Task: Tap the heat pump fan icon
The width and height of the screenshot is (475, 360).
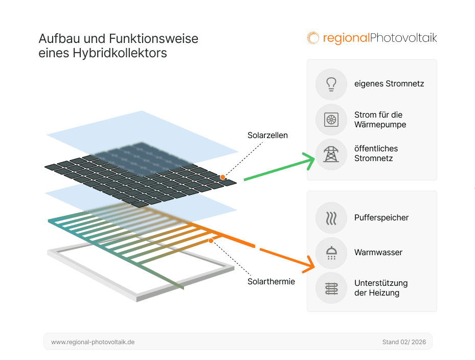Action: click(x=331, y=120)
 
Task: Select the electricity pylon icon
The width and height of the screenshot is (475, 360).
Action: click(x=331, y=154)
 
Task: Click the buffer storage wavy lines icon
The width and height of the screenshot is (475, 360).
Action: click(x=331, y=218)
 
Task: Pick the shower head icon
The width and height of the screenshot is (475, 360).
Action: click(x=331, y=253)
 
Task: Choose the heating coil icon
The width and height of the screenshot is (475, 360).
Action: click(x=331, y=288)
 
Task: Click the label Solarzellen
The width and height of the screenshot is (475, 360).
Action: click(x=267, y=136)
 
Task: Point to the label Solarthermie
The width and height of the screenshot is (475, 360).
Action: click(x=271, y=281)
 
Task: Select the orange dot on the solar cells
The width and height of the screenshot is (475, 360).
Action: click(x=223, y=177)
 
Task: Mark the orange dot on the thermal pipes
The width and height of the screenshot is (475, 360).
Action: click(x=211, y=240)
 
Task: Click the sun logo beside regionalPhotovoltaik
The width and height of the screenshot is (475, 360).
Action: click(x=313, y=38)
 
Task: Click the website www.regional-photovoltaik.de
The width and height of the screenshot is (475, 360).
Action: click(x=93, y=342)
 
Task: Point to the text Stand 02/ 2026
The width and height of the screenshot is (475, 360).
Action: click(x=403, y=342)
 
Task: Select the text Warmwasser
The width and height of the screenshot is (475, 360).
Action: click(x=378, y=253)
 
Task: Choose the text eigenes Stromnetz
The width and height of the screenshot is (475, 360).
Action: click(x=389, y=84)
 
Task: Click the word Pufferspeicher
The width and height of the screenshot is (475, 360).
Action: click(x=381, y=218)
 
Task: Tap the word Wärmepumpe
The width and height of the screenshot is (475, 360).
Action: click(x=380, y=125)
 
